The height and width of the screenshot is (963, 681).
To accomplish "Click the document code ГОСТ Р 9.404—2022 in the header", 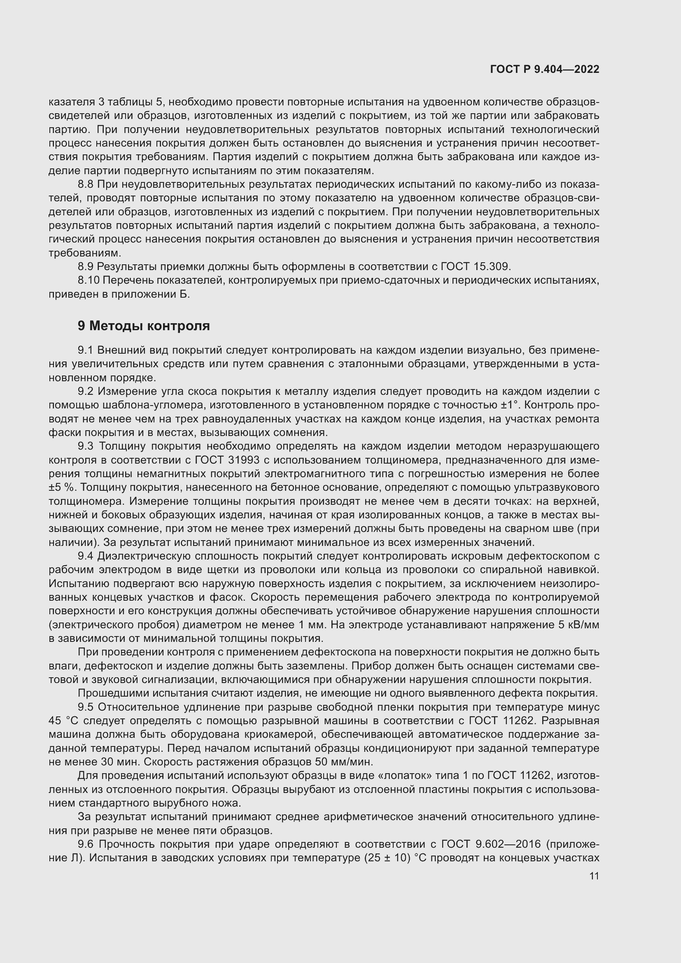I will (544, 69).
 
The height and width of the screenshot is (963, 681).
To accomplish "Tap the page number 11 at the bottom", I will (594, 876).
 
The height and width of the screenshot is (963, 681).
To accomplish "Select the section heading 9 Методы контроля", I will (143, 326).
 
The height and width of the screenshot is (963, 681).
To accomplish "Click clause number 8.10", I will (89, 280).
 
